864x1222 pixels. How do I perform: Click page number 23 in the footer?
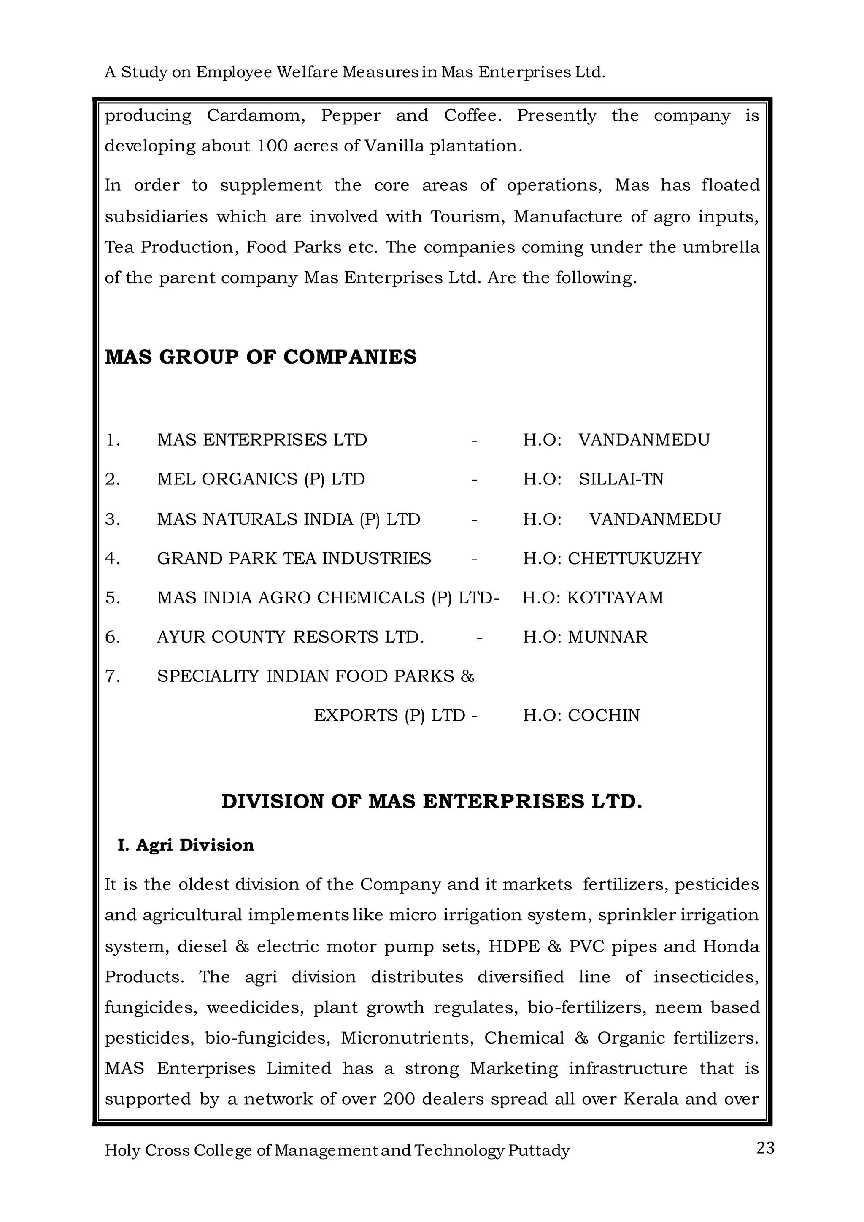coord(765,1148)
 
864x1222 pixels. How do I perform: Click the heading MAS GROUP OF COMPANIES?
coord(261,357)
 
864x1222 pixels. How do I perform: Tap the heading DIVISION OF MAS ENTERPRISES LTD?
coord(432,802)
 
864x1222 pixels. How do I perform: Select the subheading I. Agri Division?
coord(186,845)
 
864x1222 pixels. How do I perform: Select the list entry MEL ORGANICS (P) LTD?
coord(261,479)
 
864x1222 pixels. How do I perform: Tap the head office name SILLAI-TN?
coord(621,479)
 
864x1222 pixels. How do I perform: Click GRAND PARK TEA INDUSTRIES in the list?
coord(294,558)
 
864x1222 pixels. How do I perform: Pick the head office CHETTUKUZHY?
coord(634,558)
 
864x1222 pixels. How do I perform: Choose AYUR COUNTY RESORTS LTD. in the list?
coord(291,637)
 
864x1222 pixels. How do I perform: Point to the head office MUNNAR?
coord(607,637)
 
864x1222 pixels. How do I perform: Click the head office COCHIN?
coord(603,715)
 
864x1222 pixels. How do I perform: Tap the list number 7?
coord(112,676)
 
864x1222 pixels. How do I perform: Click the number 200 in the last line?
coord(399,1099)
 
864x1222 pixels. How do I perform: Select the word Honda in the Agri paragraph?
coord(730,946)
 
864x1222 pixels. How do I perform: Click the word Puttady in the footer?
coord(538,1151)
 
